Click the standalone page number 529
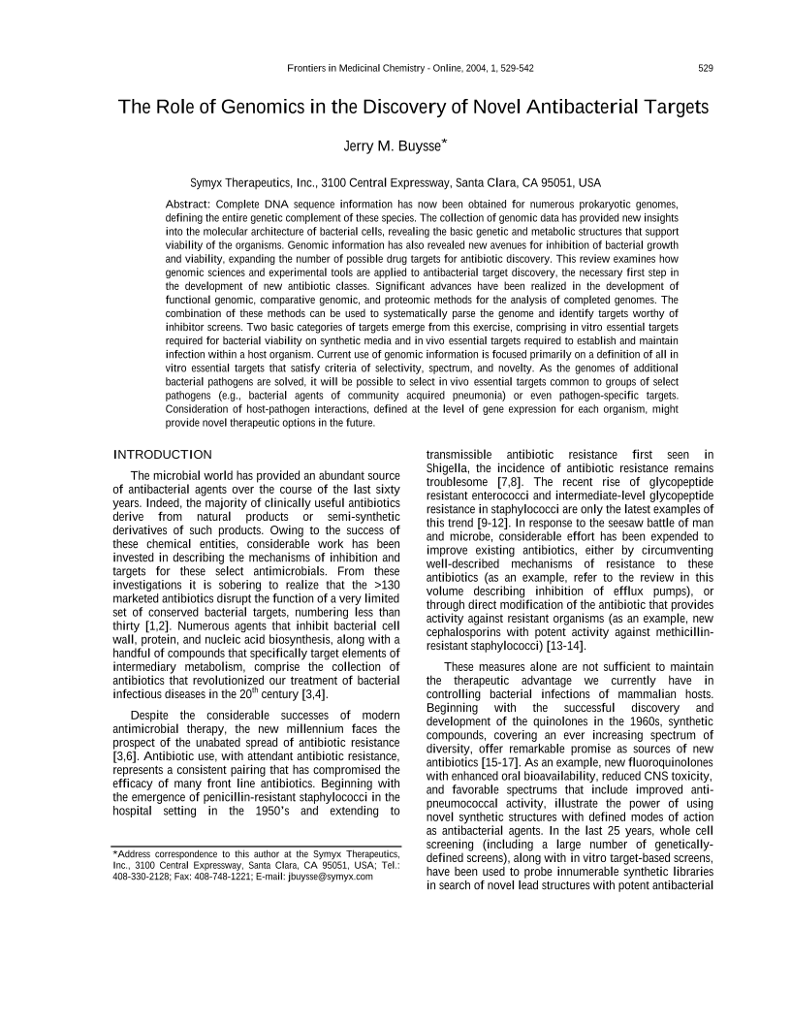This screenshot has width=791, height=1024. pos(706,68)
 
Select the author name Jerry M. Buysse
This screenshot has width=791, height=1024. pos(395,145)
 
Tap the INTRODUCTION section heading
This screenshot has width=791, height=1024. pos(162,455)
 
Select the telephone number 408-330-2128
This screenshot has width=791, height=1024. pos(137,877)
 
